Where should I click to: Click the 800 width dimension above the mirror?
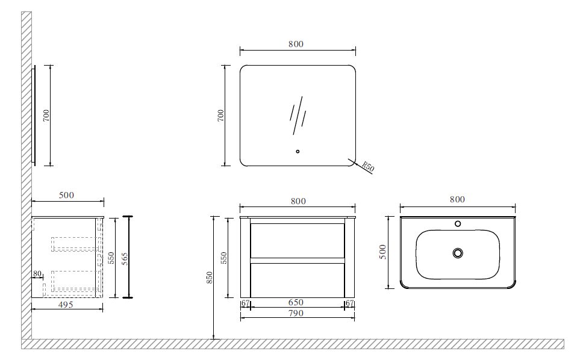(296, 44)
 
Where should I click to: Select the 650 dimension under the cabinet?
(296, 303)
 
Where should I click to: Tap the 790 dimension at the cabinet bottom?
(296, 313)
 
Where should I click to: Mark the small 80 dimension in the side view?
(37, 275)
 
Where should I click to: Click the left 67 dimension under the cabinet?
(245, 303)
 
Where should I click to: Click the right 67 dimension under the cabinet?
(350, 303)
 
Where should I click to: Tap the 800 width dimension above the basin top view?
(457, 200)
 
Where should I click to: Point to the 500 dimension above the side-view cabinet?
(67, 196)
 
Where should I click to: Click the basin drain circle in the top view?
(458, 253)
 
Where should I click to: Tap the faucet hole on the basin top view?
(458, 225)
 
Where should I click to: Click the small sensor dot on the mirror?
(298, 151)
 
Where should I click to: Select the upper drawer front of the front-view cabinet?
(298, 241)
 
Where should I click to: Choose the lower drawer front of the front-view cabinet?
(298, 280)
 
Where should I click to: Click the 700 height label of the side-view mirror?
(46, 115)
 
